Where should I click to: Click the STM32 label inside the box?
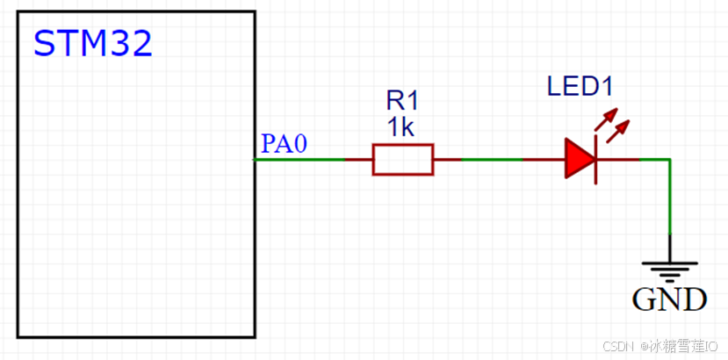coord(93,43)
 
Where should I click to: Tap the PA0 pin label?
coord(284,143)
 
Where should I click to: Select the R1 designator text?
coord(402,100)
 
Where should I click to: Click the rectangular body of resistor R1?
coord(402,160)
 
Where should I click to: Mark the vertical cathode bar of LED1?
coord(597,160)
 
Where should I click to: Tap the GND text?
coord(670,299)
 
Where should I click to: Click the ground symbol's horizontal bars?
coord(670,268)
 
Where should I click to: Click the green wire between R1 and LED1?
coord(492,160)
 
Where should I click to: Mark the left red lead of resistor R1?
coord(359,160)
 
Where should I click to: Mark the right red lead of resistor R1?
coord(447,160)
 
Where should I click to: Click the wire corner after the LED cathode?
coord(670,160)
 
